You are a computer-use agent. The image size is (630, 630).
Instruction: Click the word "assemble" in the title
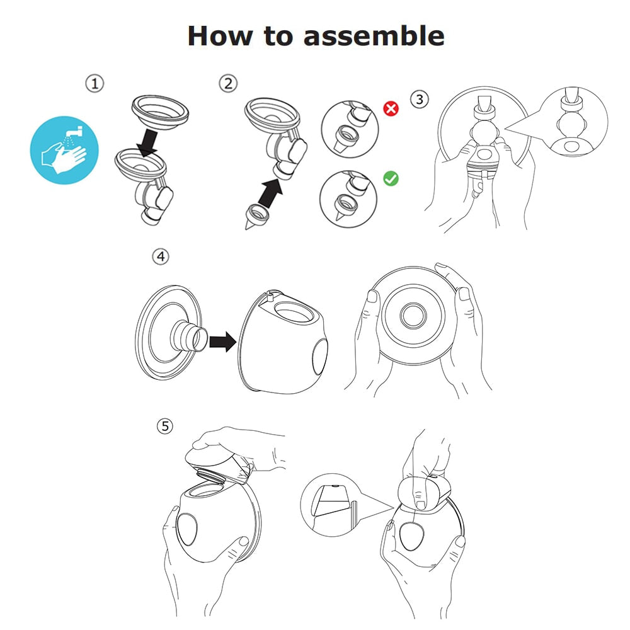(374, 36)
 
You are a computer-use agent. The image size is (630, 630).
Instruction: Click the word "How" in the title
(220, 36)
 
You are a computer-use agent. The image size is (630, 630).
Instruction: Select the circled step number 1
(94, 83)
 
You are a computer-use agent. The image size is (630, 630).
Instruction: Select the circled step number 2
(227, 83)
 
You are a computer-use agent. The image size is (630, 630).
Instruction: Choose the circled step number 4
(161, 256)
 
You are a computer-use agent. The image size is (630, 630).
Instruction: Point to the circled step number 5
(164, 426)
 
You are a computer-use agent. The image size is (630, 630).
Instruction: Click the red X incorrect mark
(391, 108)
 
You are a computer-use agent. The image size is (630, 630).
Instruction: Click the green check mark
(391, 179)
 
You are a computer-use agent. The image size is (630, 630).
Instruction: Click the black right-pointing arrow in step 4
(222, 343)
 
